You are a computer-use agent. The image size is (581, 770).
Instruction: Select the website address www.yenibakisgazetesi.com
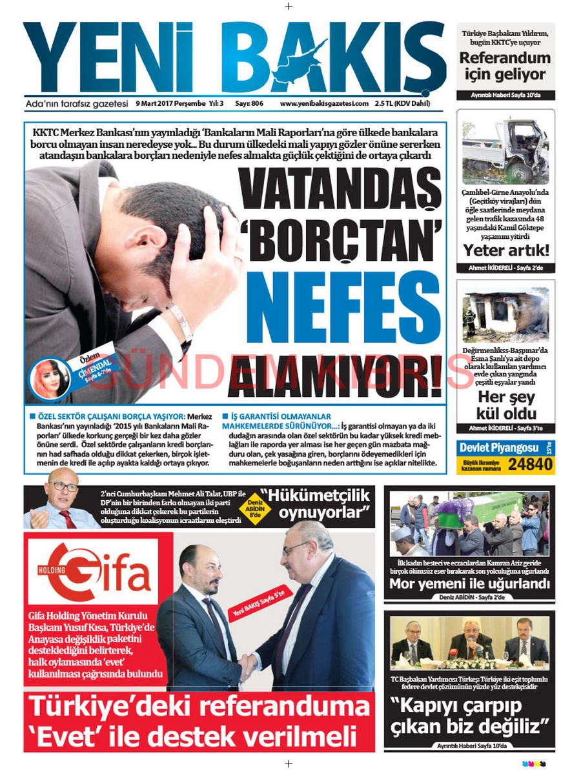pos(324,103)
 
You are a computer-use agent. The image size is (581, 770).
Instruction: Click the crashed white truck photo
pos(505,150)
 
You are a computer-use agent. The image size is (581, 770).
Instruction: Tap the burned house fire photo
pos(505,315)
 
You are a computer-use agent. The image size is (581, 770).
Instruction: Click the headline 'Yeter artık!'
pos(505,250)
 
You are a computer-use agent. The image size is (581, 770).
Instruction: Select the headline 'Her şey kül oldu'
pos(505,405)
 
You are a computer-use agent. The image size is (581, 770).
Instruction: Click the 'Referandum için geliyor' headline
pos(505,66)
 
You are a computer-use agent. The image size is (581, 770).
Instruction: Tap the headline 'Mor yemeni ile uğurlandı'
pos(469,584)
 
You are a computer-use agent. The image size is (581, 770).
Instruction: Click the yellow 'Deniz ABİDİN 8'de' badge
pos(257,505)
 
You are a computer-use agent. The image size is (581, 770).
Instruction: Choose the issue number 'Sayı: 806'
pos(249,103)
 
